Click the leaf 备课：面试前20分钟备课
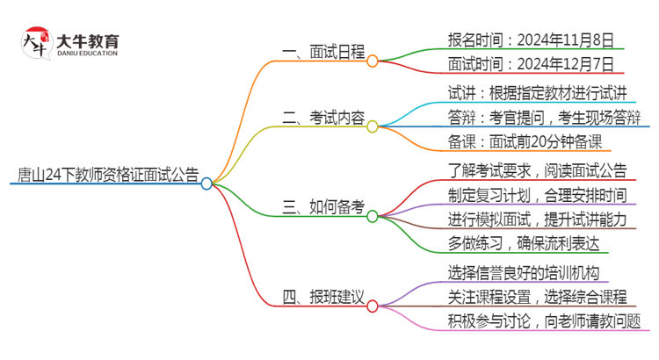pos(524,142)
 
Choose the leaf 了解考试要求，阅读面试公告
pos(537,169)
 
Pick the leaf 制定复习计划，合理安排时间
pos(537,195)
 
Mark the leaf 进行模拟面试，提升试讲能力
pos(537,220)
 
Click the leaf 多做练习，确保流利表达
pos(524,245)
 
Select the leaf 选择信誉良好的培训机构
pos(524,271)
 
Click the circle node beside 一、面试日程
pos(373,61)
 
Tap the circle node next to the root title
pos(206,184)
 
